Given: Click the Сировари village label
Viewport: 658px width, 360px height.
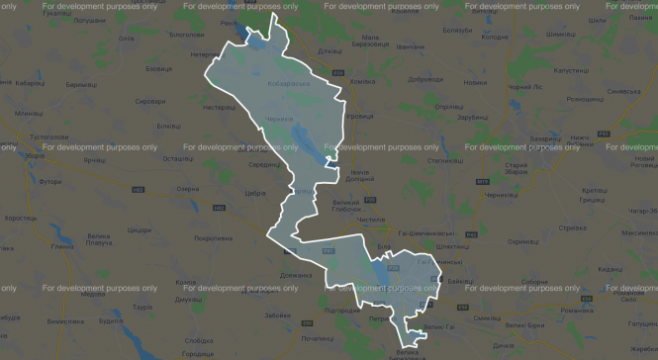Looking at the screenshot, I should tap(150, 101).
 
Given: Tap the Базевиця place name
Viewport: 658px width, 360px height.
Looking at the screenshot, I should tap(158, 68).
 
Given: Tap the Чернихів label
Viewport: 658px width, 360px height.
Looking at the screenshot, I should tap(280, 118).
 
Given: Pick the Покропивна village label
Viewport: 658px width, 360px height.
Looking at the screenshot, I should tap(213, 238).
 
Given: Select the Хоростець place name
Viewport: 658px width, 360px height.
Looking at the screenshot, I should tap(20, 217).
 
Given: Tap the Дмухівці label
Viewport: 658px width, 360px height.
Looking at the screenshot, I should tap(189, 299).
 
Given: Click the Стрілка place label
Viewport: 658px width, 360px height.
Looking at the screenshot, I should tap(573, 227).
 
